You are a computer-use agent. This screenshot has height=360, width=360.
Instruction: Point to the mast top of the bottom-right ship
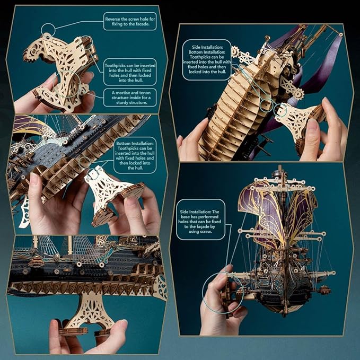coord(279,169)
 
